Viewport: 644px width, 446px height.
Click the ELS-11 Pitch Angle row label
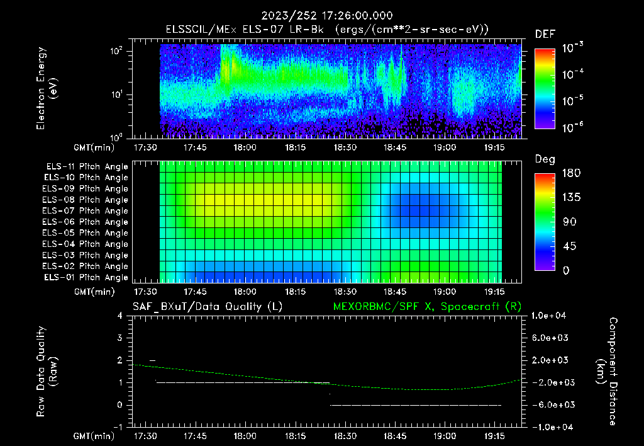coord(87,167)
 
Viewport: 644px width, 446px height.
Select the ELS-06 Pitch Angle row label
coord(87,222)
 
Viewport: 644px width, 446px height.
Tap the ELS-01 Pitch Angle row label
coord(87,277)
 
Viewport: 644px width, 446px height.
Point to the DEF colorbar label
coord(545,34)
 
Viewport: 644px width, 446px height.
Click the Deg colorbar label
coord(545,159)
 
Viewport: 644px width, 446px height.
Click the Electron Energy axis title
coord(47,89)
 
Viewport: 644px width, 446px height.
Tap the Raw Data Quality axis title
coord(47,372)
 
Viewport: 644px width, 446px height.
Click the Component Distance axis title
coord(605,372)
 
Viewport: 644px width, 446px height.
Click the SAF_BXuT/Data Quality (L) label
coord(207,307)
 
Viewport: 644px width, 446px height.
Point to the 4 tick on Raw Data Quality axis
coord(119,316)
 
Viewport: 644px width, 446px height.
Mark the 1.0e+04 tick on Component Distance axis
coord(551,316)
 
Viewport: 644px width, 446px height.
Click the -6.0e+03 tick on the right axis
coord(551,405)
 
